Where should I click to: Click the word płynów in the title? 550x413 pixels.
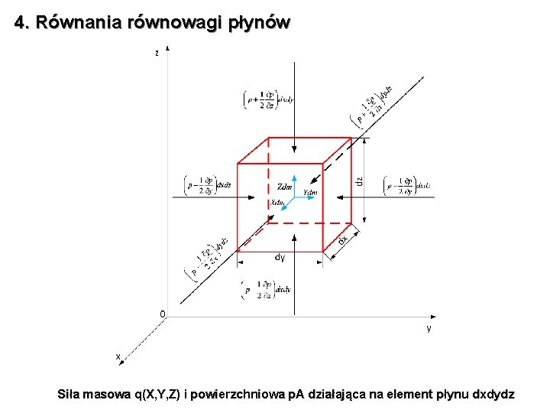[x=259, y=23]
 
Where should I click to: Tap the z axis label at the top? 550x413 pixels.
[x=157, y=53]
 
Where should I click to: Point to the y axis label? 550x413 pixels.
[x=429, y=328]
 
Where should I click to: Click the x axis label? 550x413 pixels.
[x=118, y=356]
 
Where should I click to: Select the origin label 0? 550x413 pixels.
[x=161, y=314]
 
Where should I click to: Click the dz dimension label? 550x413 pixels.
[x=359, y=184]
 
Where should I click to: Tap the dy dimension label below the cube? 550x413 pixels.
[x=280, y=258]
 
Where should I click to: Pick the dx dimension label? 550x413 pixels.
[x=343, y=239]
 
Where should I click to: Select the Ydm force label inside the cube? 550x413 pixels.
[x=310, y=192]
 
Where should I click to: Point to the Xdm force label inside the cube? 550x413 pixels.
[x=277, y=203]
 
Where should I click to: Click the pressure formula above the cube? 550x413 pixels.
[x=268, y=99]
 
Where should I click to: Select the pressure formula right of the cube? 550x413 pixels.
[x=408, y=184]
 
